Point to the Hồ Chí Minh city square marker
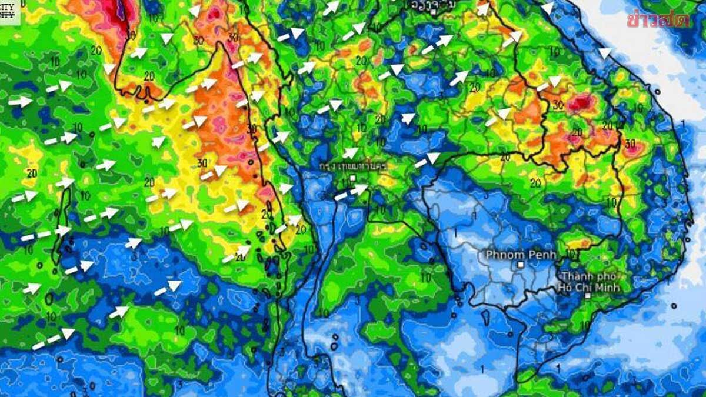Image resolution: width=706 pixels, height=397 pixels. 588,296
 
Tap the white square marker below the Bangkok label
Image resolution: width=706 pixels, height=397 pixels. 352,177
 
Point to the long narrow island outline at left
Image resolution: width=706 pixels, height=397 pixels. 60,223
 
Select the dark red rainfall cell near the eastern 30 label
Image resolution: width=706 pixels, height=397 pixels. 581,104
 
